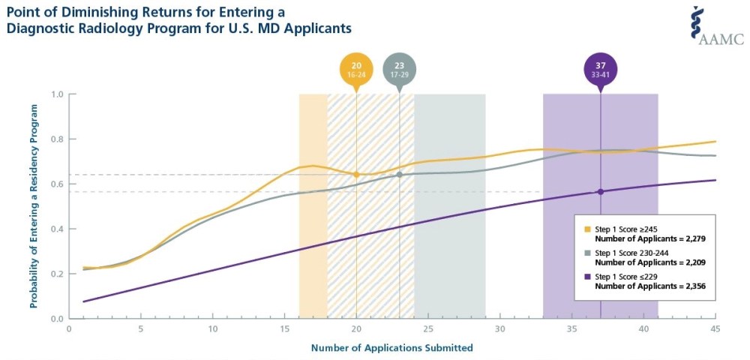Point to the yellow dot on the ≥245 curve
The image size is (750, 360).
pos(356,174)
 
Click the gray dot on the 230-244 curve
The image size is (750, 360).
pos(400,175)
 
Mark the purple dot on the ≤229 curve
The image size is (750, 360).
pos(600,192)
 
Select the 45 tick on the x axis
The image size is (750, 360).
pos(715,328)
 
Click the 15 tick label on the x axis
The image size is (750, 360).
pos(284,328)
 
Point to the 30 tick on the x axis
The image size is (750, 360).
pos(499,328)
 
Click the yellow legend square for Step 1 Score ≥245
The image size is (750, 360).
pos(589,226)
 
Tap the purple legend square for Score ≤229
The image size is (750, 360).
pos(589,277)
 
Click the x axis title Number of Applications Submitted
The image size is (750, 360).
pos(392,347)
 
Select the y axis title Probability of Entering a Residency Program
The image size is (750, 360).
pos(34,206)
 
